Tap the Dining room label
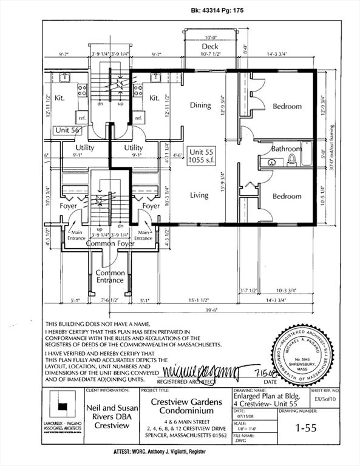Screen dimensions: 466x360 [200, 105]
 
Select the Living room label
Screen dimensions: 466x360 [199, 195]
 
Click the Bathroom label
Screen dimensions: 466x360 [286, 149]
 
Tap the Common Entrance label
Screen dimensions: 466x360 [110, 277]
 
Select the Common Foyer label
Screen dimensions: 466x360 [110, 243]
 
